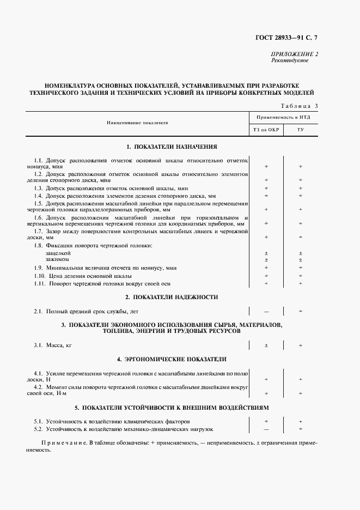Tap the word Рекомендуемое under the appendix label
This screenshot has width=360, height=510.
click(x=290, y=60)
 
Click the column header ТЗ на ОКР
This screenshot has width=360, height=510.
click(x=266, y=130)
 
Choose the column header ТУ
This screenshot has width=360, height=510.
click(x=300, y=130)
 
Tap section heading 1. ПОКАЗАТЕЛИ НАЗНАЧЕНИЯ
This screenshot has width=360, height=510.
click(x=172, y=147)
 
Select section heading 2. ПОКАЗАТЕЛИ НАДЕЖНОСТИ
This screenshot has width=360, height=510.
click(x=172, y=297)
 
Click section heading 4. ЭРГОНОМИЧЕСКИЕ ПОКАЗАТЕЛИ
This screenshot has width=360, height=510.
click(x=172, y=359)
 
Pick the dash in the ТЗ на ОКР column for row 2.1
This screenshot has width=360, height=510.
click(x=266, y=311)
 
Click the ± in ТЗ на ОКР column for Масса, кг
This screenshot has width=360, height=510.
click(x=266, y=345)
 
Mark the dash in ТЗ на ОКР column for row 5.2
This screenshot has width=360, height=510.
click(x=266, y=429)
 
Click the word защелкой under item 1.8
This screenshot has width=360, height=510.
click(x=58, y=253)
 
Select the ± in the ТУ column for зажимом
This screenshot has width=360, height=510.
click(x=301, y=260)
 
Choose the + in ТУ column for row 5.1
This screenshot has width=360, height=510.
click(x=301, y=422)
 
